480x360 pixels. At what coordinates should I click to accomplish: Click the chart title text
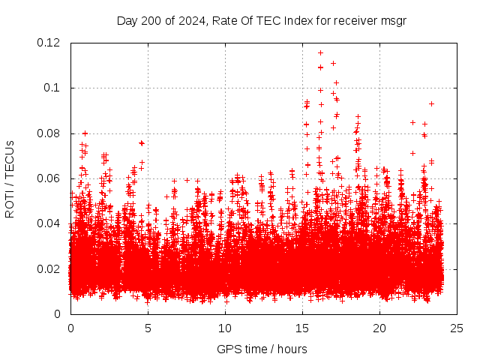pos(261,20)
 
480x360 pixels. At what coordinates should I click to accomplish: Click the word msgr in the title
pos(392,20)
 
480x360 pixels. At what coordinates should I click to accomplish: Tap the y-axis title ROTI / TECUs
pos(10,178)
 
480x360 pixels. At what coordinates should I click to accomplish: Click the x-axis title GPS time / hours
pos(261,349)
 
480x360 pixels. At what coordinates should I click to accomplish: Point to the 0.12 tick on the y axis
pos(49,43)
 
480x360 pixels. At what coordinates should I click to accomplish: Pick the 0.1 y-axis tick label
pos(55,88)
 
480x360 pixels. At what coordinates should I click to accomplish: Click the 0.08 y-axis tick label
pos(49,133)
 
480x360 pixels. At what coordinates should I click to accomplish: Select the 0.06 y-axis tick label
pos(49,178)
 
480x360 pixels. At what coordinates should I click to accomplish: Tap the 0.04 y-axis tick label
pos(49,223)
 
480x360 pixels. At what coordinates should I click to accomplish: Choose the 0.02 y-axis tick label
pos(49,268)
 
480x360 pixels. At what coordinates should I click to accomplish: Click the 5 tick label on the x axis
pos(148,328)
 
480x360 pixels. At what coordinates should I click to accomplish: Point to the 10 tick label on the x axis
pos(225,328)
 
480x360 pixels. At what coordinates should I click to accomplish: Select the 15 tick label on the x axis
pos(302,328)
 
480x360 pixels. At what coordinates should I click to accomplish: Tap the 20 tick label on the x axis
pos(380,328)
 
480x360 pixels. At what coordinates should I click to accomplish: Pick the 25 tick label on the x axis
pos(457,328)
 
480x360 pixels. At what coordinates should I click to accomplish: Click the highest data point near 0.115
pos(320,52)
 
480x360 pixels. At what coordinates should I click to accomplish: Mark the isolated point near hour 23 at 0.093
pos(431,103)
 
